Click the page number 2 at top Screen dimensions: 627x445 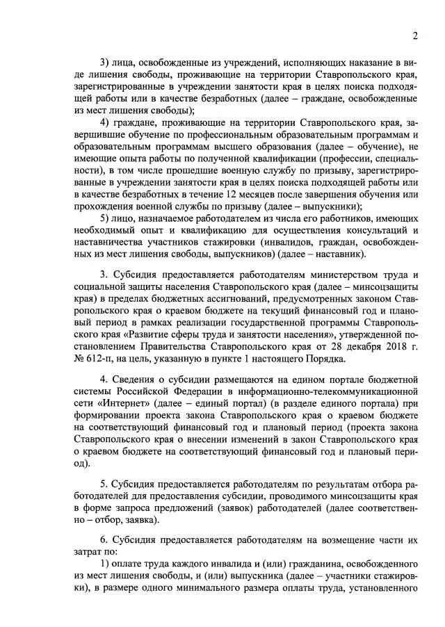click(414, 35)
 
